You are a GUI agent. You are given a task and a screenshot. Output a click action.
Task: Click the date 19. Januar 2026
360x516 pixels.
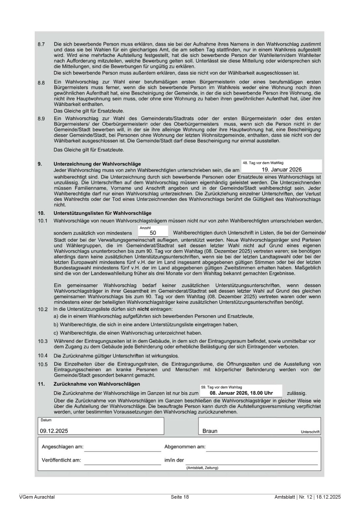[282, 170]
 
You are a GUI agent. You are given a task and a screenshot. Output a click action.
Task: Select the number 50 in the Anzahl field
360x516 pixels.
[153, 233]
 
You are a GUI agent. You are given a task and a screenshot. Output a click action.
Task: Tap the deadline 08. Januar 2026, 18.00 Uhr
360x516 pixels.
[241, 393]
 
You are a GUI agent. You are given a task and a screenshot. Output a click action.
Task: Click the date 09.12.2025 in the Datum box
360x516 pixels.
[54, 431]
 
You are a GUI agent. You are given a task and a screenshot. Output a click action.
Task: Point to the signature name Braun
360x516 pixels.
[210, 431]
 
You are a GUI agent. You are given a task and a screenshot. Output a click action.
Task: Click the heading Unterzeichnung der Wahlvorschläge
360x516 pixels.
[97, 164]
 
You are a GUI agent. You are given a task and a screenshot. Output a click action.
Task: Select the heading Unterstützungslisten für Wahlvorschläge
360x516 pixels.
[102, 213]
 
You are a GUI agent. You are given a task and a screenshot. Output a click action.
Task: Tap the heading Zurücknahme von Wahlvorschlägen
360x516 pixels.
[97, 384]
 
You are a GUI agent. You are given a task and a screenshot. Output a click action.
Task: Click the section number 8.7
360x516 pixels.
[41, 45]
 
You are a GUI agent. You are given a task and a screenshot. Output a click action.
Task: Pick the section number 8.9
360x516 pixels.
[41, 119]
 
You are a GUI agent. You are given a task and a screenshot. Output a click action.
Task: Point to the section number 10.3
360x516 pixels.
[43, 341]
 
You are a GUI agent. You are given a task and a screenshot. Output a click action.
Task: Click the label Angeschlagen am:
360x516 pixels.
[62, 447]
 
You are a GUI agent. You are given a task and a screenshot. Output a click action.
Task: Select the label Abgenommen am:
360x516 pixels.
[185, 447]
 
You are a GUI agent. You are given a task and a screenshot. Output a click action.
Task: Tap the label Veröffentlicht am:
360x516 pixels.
[61, 460]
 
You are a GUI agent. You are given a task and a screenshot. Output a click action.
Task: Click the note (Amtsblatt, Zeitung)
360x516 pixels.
[202, 468]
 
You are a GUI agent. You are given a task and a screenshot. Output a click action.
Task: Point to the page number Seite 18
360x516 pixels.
[180, 497]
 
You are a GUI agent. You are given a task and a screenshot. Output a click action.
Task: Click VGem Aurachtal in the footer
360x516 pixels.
[37, 497]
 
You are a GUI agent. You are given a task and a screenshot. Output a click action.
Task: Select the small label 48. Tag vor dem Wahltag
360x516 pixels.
[263, 163]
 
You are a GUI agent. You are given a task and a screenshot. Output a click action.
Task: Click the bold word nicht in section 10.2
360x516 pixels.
[143, 309]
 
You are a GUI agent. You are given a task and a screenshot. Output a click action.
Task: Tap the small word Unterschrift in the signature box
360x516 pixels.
[310, 432]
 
